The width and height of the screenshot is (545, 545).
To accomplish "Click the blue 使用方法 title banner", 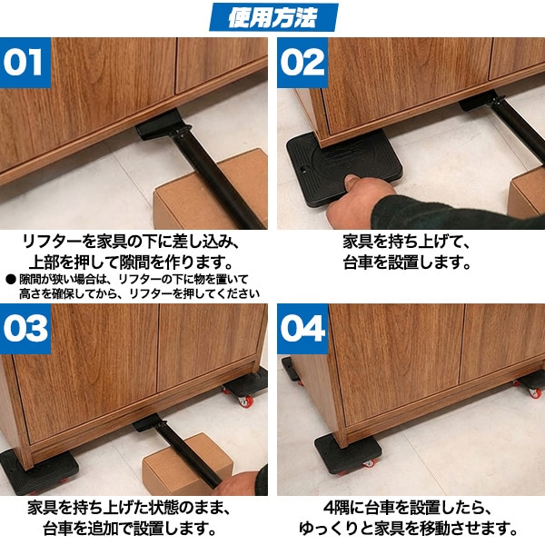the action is [273, 16].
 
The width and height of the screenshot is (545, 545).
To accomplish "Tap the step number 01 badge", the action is [25, 63].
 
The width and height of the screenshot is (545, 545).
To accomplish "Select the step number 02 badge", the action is [302, 63].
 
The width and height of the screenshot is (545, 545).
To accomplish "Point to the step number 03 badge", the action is [25, 329].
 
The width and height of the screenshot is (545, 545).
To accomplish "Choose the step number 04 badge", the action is [302, 329].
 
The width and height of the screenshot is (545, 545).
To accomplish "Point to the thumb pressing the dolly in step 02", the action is [352, 183].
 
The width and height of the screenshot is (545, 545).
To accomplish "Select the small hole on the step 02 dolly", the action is [303, 169].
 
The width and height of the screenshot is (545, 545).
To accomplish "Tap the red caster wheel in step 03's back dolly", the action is [245, 401].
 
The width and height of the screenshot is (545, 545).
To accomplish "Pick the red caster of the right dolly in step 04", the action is [535, 392].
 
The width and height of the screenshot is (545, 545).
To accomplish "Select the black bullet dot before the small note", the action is [11, 279].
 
